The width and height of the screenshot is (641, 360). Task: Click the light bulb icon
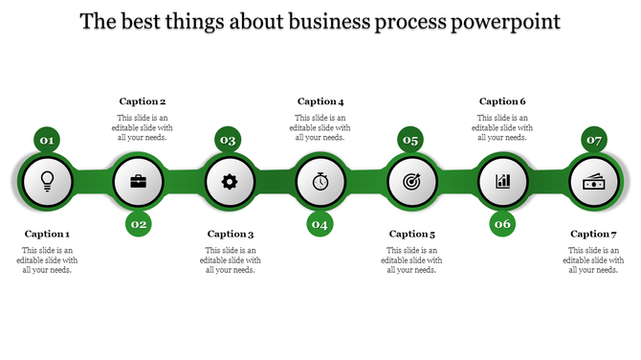point(46,180)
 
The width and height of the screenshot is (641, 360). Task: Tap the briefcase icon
point(138,180)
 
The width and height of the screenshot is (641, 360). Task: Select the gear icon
point(229,180)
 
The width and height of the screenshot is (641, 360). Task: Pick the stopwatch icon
point(320,180)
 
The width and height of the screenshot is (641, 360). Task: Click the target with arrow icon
point(411,180)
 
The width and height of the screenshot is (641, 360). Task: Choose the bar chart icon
point(503,180)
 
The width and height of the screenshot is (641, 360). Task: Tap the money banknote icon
point(594,180)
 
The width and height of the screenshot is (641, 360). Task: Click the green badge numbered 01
point(46,141)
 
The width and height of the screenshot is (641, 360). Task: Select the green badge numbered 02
point(139,224)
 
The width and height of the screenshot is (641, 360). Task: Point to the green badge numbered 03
point(228,141)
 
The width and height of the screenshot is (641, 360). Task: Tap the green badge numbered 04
point(320,224)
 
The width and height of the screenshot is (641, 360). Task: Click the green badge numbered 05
point(410,141)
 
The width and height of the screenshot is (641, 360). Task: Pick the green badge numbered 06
point(503,224)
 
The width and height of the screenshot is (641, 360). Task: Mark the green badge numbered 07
point(594,141)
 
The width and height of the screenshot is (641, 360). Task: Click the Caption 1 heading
point(47,234)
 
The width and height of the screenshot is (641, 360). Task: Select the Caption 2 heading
point(143,101)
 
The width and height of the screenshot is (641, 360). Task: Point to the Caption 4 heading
point(320,101)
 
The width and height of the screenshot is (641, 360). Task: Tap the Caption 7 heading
point(594,234)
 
